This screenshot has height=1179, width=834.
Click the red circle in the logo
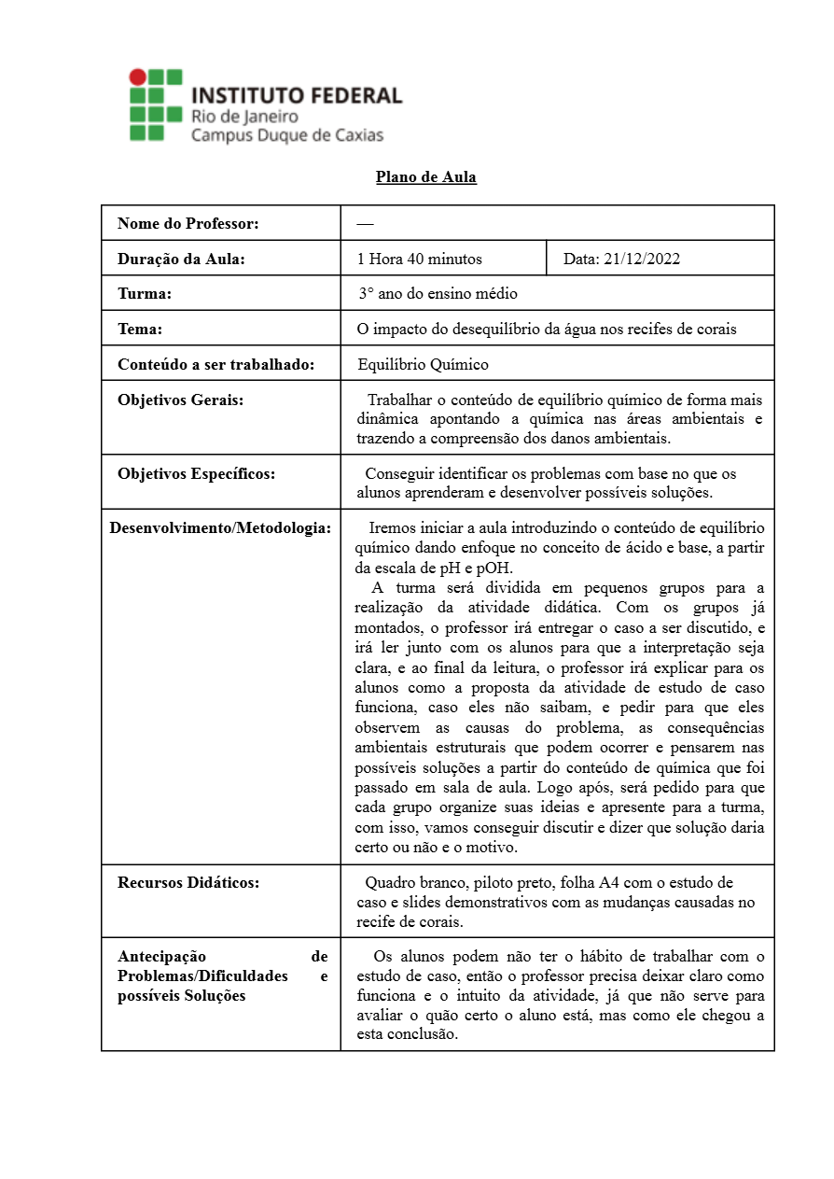coord(137,77)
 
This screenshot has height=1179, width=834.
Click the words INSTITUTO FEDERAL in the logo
coord(297,95)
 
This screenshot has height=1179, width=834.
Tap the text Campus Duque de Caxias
coord(286,135)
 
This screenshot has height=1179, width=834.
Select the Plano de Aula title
coord(426,177)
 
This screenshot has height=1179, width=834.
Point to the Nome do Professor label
coord(188,224)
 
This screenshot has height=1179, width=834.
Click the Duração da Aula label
coord(181,260)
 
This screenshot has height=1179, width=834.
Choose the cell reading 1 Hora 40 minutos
coord(420,260)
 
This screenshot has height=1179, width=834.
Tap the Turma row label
coord(145,294)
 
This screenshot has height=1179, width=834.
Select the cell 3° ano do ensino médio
coord(438,294)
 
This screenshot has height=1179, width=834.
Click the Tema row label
coord(140,330)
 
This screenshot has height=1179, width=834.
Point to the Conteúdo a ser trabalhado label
coord(215,364)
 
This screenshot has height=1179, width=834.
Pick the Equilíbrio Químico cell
coord(423,364)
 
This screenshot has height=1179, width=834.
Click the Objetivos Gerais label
coord(180,400)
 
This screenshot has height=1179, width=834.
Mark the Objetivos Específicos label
coord(196,473)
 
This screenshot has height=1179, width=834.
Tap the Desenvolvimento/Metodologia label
coord(220,528)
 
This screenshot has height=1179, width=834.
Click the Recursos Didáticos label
coord(188,882)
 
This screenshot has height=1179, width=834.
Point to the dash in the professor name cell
coord(365,224)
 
